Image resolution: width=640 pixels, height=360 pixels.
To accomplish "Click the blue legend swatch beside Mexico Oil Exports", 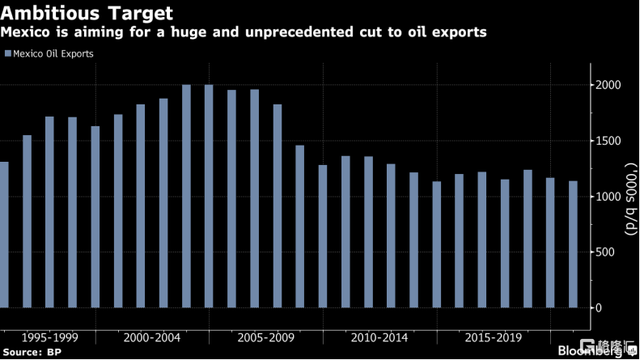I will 7,54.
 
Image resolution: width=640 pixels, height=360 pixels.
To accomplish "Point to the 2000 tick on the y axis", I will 608,86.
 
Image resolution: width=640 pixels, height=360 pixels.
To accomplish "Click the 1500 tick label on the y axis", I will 608,142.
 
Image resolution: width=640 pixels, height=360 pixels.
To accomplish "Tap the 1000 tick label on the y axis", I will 608,197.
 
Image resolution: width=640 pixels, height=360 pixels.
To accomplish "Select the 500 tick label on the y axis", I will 612,252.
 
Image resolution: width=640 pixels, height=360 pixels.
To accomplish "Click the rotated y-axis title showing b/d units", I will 631,197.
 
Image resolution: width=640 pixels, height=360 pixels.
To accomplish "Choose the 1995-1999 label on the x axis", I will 49,336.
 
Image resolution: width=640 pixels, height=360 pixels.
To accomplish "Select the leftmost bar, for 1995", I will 3,235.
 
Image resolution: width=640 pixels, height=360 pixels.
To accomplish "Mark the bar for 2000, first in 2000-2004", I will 118,210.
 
